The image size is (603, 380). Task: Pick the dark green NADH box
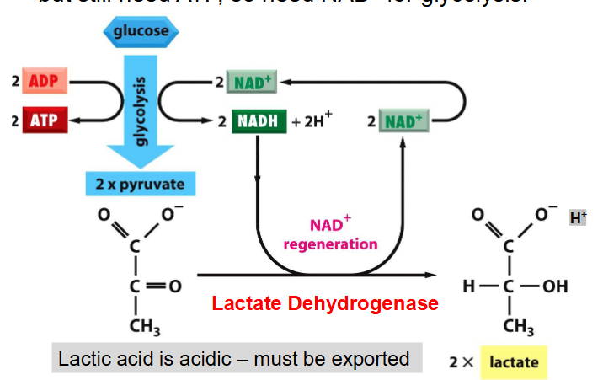(258, 121)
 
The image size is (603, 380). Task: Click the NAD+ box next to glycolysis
(250, 83)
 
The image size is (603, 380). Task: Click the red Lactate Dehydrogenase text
(325, 303)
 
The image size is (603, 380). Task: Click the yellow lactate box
(514, 362)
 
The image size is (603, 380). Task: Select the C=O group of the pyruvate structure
(150, 286)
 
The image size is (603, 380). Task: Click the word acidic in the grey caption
(192, 359)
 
